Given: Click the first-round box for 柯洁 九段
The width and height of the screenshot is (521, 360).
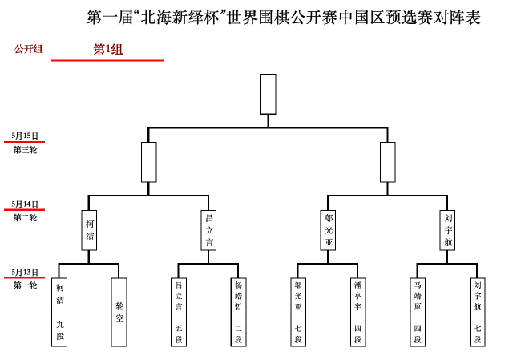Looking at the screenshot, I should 59,312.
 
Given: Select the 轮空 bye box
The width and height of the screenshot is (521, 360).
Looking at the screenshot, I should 119,312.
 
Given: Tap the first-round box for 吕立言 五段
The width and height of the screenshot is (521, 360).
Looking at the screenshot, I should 179,312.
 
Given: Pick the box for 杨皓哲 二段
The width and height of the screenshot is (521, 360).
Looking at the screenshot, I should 238,312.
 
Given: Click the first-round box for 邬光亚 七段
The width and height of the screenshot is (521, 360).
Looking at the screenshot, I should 298,312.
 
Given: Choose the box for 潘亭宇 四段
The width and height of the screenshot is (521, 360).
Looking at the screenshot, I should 357,312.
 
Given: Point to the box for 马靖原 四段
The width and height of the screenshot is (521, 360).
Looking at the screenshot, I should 418,312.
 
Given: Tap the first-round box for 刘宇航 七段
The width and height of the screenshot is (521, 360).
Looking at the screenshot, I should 477,312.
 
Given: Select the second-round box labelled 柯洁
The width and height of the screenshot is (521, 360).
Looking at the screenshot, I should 90,230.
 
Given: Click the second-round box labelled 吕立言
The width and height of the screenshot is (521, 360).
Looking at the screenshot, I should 209,230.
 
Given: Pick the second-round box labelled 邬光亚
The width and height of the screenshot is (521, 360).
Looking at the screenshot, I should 329,230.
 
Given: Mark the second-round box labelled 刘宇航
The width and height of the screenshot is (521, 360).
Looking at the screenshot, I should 448,230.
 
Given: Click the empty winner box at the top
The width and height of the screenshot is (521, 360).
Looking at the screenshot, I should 269,94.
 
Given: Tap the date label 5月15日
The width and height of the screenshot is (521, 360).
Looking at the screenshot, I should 26,136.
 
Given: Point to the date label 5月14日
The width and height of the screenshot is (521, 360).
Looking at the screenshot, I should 26,204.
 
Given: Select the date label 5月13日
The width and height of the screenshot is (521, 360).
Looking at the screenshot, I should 26,272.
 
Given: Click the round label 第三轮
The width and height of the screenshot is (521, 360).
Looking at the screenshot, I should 26,150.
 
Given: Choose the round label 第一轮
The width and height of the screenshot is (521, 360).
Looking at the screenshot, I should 26,285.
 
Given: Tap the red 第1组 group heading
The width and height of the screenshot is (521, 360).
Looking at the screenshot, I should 108,50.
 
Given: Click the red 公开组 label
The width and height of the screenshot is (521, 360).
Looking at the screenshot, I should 29,49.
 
